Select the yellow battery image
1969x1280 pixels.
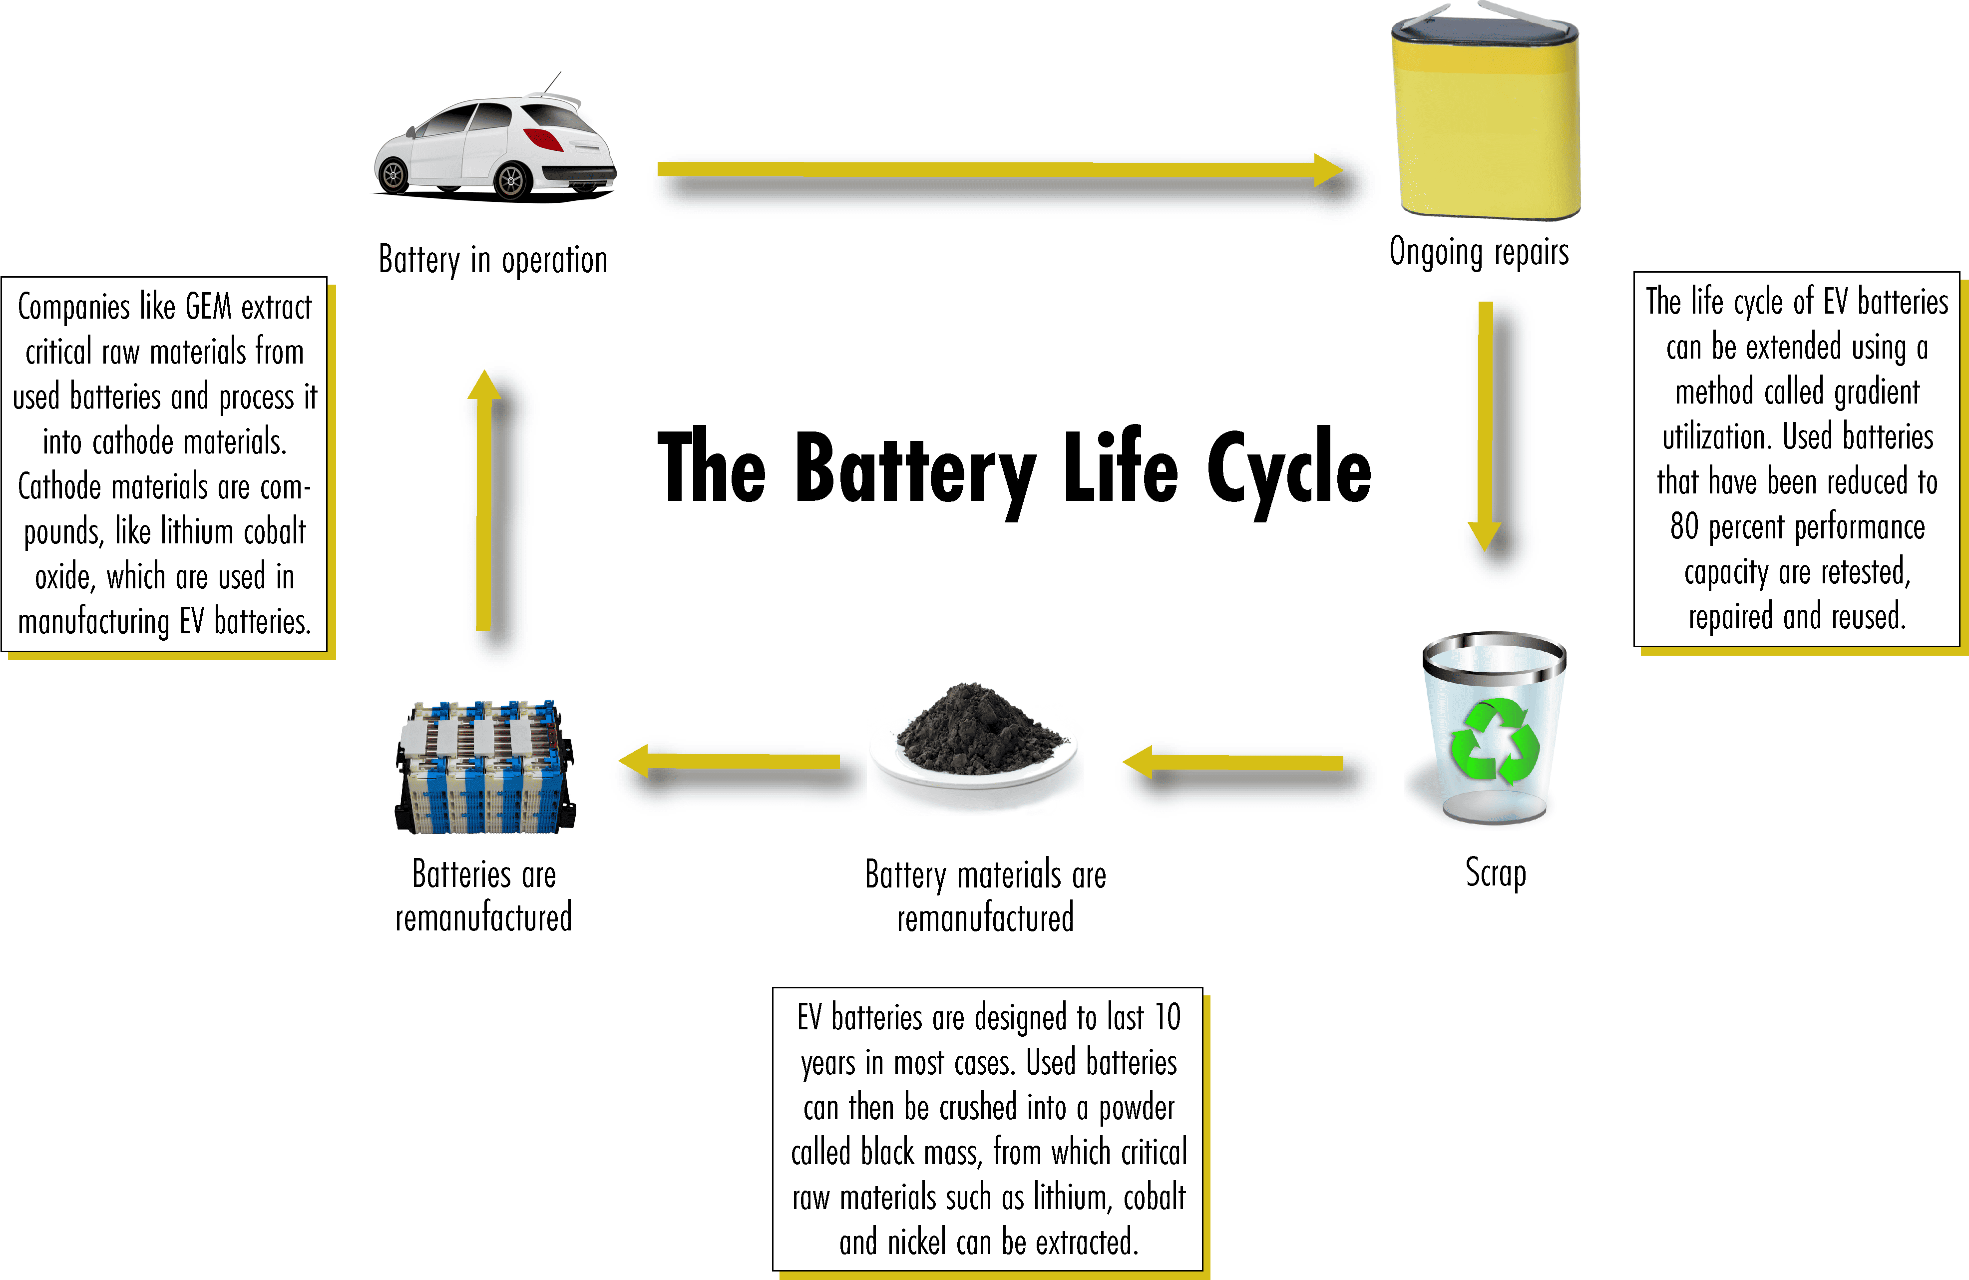click(x=1486, y=116)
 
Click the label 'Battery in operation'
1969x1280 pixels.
click(x=493, y=260)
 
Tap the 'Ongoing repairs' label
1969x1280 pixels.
click(x=1479, y=252)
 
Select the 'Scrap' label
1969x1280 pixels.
click(x=1495, y=873)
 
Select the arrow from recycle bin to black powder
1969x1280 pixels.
click(x=1233, y=762)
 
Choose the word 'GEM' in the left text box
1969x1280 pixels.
click(x=208, y=308)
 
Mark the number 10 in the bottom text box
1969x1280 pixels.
click(x=1168, y=1017)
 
